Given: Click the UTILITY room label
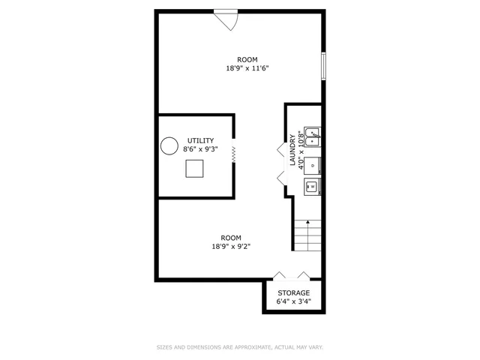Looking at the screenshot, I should pos(200,140).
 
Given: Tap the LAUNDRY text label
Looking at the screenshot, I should pos(292,151).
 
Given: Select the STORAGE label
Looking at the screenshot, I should pos(293,293).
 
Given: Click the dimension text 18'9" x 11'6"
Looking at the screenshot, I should pos(247,68).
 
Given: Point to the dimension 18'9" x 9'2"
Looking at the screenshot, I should pos(231,246).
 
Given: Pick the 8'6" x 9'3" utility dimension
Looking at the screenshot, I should pos(200,149).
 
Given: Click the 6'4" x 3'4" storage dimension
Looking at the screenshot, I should pos(293,302).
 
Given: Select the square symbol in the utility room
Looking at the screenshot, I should pos(195,169).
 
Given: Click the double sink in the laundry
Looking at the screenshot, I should pos(312,136).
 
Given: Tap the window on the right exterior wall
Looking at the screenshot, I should pos(324,65).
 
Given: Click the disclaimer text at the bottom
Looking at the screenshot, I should pos(239,347).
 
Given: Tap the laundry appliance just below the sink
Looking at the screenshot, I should pos(312,163).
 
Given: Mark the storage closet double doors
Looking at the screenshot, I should pos(291,276).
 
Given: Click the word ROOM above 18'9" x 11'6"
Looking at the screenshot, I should pos(247,59).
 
